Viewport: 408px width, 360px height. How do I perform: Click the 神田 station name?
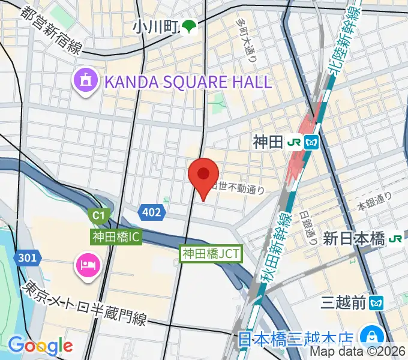(x=265, y=142)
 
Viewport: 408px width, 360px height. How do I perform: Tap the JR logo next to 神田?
(x=294, y=142)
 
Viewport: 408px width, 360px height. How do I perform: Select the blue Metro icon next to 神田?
(x=311, y=142)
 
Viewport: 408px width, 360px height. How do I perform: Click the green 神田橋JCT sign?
(x=211, y=254)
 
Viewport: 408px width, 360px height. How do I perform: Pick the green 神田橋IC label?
(x=116, y=237)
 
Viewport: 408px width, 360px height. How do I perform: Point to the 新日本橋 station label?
(x=353, y=239)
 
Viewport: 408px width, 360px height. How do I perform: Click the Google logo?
(x=40, y=346)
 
